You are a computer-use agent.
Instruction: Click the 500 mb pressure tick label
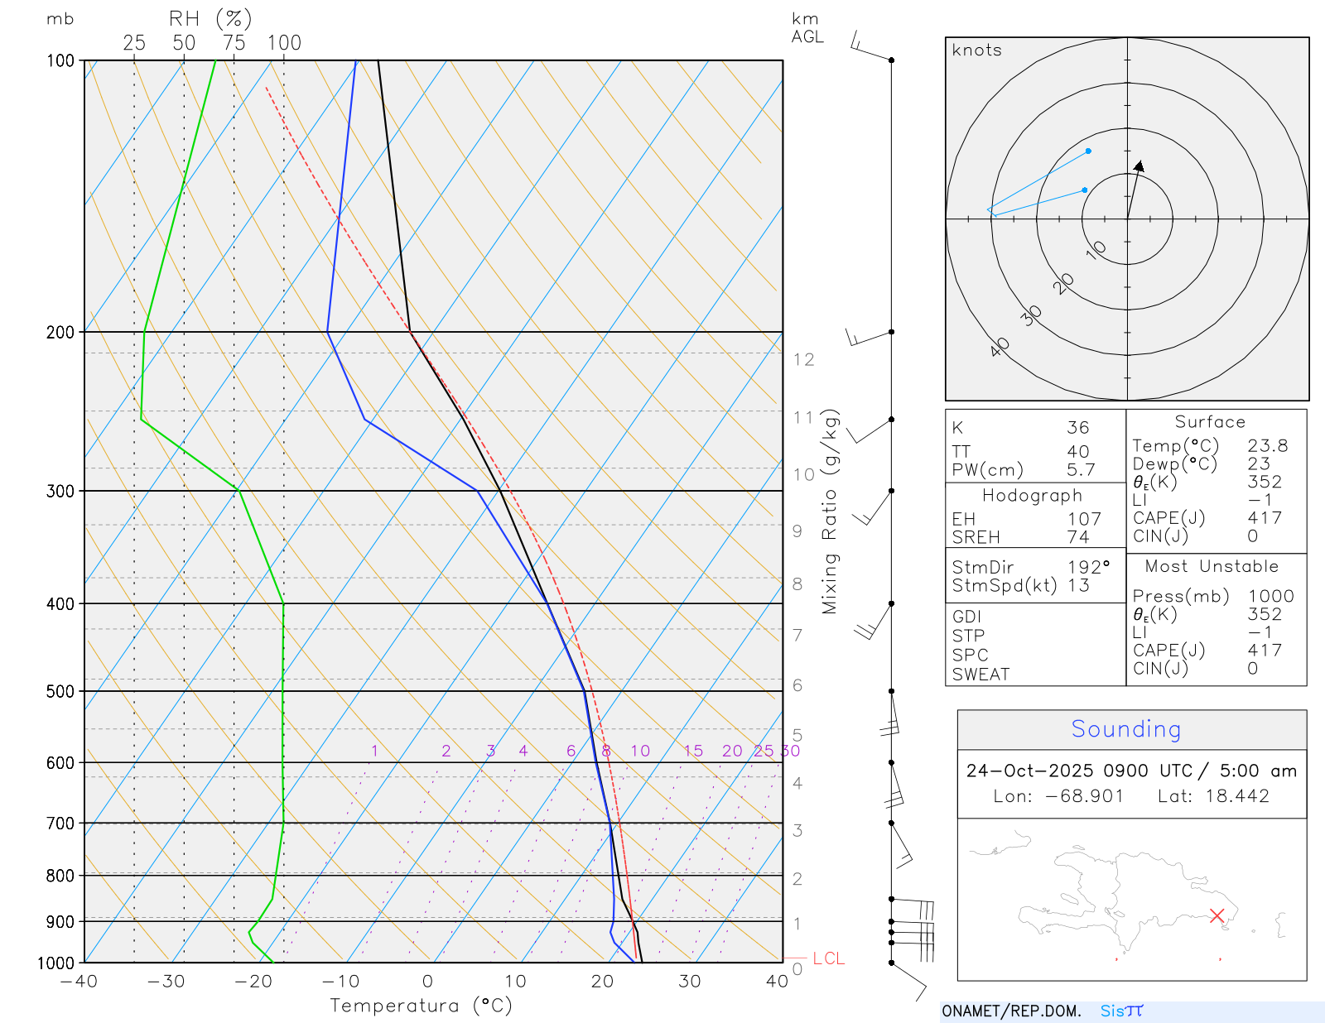click(60, 691)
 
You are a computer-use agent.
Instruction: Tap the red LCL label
click(828, 958)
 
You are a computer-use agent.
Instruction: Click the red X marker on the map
click(1217, 915)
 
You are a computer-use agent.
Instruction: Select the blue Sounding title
click(1125, 729)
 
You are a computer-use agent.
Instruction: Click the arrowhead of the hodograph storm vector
click(1140, 166)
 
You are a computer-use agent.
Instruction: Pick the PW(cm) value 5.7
click(1080, 470)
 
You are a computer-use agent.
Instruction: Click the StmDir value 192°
click(1088, 568)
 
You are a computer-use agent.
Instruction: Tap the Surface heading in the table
click(1210, 422)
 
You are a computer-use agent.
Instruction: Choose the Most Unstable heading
click(1212, 567)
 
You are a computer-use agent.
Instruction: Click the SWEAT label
click(980, 675)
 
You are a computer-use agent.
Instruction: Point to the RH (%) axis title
click(210, 19)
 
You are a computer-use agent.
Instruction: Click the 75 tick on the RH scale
click(234, 43)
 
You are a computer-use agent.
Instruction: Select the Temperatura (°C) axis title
click(421, 1006)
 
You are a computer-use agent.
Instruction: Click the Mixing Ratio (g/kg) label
click(830, 511)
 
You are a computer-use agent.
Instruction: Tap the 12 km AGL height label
click(803, 360)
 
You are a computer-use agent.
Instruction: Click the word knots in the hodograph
click(976, 50)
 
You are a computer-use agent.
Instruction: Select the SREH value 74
click(1077, 537)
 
